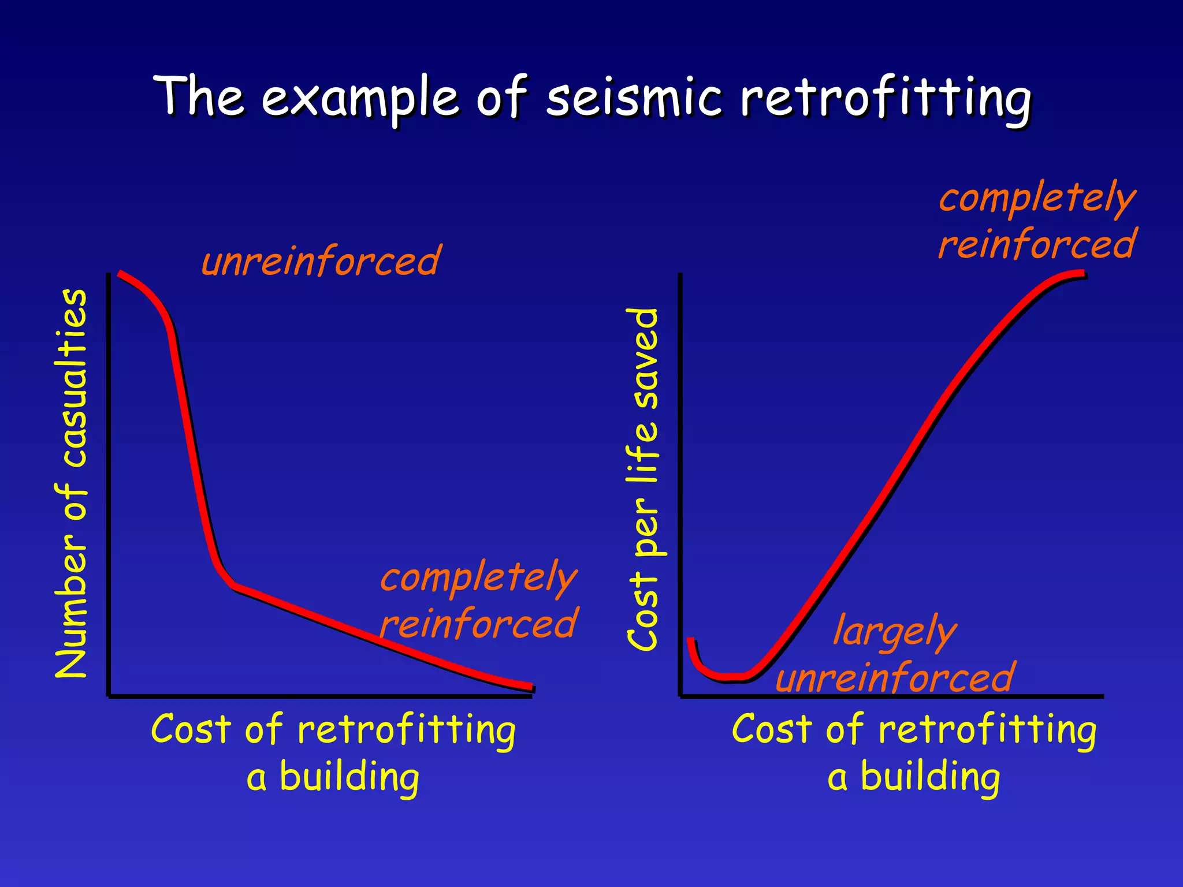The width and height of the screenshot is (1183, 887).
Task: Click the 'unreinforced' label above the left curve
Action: [x=321, y=261]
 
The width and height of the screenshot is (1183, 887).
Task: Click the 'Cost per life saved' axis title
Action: [x=642, y=479]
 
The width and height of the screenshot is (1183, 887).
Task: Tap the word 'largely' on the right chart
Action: [x=895, y=631]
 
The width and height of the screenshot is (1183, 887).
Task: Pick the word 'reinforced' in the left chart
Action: [x=479, y=624]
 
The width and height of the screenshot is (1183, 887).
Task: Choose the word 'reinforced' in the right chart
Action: [x=1037, y=244]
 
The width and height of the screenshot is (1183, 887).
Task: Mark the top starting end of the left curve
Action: [x=120, y=274]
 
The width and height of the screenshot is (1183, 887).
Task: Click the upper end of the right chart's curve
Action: [x=1084, y=274]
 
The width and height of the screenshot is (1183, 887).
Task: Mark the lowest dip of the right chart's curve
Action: [x=729, y=676]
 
